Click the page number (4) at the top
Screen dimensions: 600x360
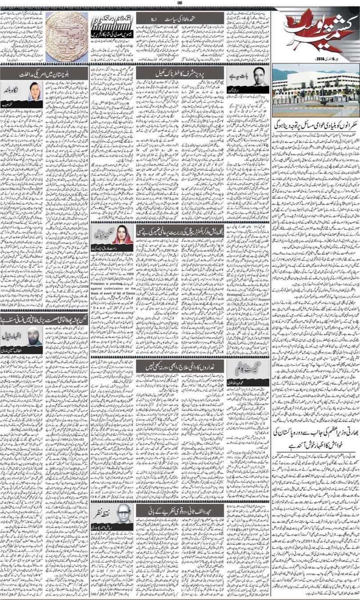coord(180,4)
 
